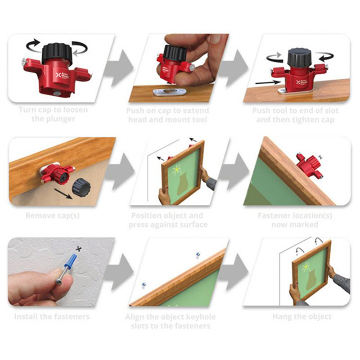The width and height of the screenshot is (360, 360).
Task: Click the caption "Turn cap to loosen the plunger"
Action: coord(53,114)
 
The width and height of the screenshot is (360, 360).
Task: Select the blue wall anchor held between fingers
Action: coord(72,262)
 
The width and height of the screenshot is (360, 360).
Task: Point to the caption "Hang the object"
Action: coord(302,317)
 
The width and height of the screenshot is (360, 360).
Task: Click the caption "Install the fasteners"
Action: coord(52,317)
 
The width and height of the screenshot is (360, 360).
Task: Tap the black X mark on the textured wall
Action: coord(79,248)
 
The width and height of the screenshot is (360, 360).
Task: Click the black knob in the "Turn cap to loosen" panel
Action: coord(57,54)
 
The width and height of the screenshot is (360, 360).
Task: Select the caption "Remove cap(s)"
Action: coord(53,216)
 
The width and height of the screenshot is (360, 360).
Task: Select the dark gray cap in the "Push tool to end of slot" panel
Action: coord(300,58)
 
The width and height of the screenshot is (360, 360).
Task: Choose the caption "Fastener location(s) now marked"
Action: coord(295,220)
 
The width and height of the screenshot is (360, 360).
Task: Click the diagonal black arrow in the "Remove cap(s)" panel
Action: coord(63,194)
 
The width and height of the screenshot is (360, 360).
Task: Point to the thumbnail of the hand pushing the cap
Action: coord(179,68)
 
